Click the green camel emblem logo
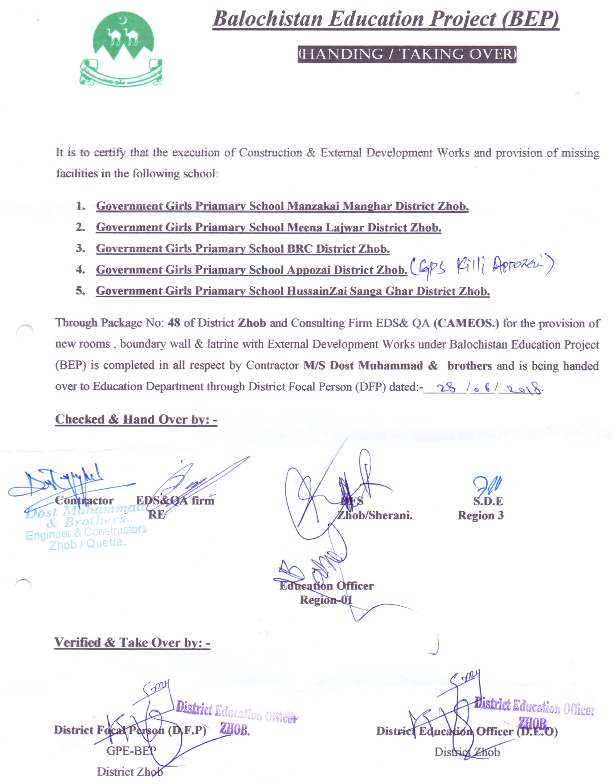click(x=120, y=48)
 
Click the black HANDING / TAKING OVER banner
click(x=407, y=54)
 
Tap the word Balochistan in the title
click(x=268, y=19)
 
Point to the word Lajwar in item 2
click(x=345, y=228)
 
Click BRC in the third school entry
click(x=300, y=249)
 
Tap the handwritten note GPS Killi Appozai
click(x=482, y=267)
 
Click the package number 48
click(x=174, y=323)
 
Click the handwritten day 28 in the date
click(x=446, y=387)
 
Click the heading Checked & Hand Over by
click(x=136, y=420)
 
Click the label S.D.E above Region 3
click(x=488, y=501)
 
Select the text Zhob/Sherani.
click(x=374, y=516)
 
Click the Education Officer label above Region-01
click(x=327, y=586)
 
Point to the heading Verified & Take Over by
click(x=132, y=643)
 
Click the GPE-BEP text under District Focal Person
click(x=131, y=751)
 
